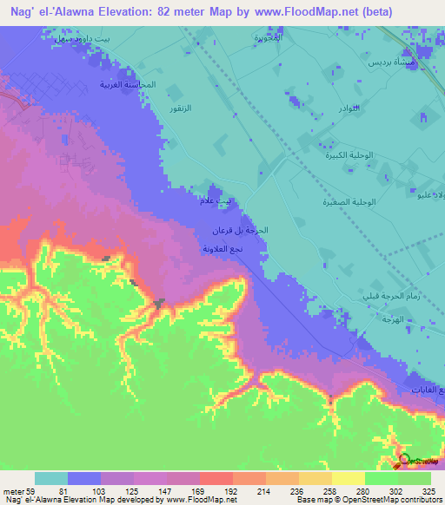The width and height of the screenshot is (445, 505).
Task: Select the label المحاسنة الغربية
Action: pyautogui.click(x=127, y=84)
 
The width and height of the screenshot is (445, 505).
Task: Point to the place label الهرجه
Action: pyautogui.click(x=380, y=319)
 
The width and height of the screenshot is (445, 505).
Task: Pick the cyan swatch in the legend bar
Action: pyautogui.click(x=51, y=478)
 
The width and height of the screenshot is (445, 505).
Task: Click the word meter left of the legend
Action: pyautogui.click(x=11, y=490)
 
